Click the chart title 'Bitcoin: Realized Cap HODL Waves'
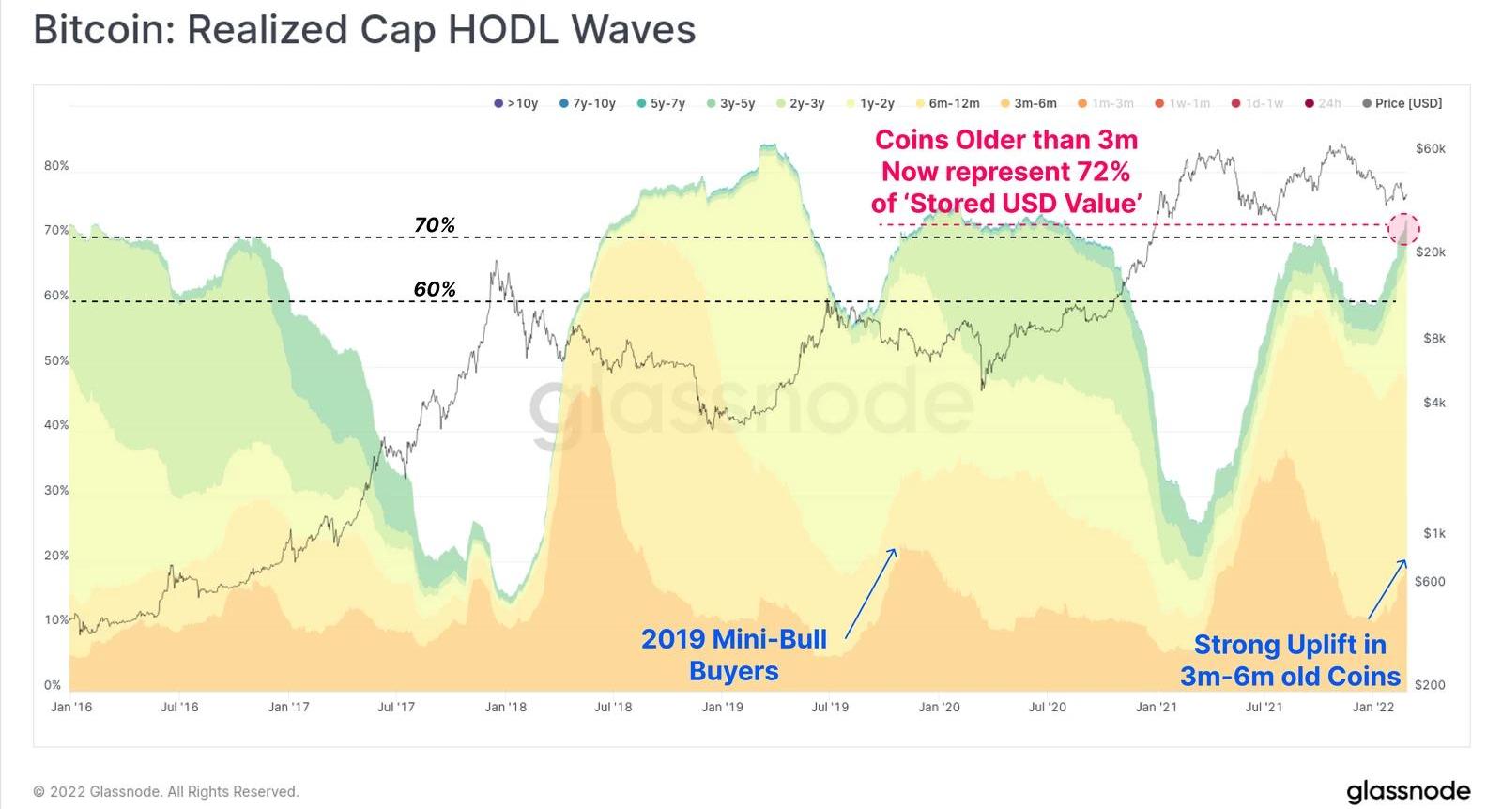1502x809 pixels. [x=364, y=30]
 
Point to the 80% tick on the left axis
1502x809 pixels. [x=56, y=166]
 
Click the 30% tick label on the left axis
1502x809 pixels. [x=56, y=490]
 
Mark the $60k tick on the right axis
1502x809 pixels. [x=1430, y=148]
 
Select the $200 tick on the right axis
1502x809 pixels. [x=1430, y=684]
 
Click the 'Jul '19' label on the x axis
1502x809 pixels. [x=830, y=707]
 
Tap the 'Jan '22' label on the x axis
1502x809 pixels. [x=1373, y=707]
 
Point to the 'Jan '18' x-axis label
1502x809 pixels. [x=505, y=707]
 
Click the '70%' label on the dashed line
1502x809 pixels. [x=435, y=225]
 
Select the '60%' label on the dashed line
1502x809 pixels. [x=435, y=289]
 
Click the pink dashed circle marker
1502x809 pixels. [x=1403, y=228]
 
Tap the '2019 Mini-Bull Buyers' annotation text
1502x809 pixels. [x=733, y=654]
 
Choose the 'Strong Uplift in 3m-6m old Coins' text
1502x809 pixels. [x=1290, y=660]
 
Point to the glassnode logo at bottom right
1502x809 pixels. [x=1407, y=791]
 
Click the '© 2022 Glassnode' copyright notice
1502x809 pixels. [x=166, y=791]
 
